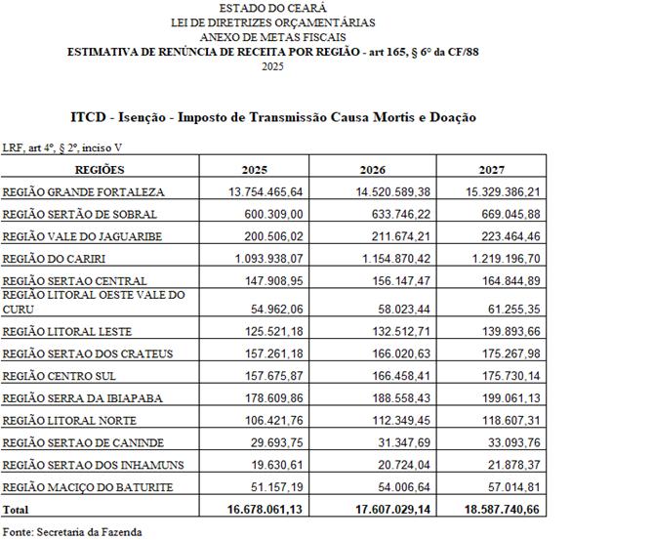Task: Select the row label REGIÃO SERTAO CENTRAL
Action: (75, 281)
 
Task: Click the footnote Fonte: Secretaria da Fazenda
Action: (72, 532)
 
